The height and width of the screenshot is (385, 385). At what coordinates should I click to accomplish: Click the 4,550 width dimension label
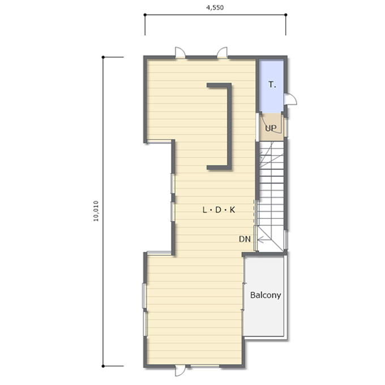215,7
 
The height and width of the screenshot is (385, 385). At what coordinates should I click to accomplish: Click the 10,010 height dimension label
96,211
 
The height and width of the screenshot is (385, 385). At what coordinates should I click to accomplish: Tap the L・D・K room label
219,210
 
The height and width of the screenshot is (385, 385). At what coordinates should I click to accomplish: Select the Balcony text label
266,295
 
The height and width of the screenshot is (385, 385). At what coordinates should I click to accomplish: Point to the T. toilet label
272,85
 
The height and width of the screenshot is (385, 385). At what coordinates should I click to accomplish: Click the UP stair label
271,128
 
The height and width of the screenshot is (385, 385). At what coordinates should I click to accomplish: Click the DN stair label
245,239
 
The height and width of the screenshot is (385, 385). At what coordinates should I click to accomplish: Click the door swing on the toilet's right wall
290,99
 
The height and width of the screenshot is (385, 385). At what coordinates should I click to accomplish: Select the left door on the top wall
180,52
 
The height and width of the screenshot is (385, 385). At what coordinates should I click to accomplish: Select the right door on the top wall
222,52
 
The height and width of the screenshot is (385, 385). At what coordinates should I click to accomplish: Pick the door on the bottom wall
180,370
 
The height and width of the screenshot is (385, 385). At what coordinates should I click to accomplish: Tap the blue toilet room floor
271,87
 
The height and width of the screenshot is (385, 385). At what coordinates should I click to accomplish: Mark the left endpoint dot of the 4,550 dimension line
145,15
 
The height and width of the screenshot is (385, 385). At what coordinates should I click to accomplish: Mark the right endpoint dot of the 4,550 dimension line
285,15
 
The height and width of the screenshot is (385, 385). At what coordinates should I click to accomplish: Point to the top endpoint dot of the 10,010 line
103,57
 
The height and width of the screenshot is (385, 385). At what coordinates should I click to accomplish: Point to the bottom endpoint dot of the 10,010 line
103,366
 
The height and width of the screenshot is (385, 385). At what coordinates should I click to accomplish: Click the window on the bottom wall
205,366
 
